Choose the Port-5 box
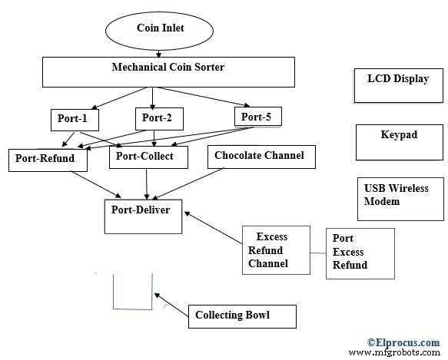click(257, 117)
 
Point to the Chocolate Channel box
click(259, 157)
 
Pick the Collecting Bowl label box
click(232, 315)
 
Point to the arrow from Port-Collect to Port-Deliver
click(146, 183)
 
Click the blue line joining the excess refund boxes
click(317, 253)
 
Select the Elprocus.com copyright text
click(403, 342)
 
